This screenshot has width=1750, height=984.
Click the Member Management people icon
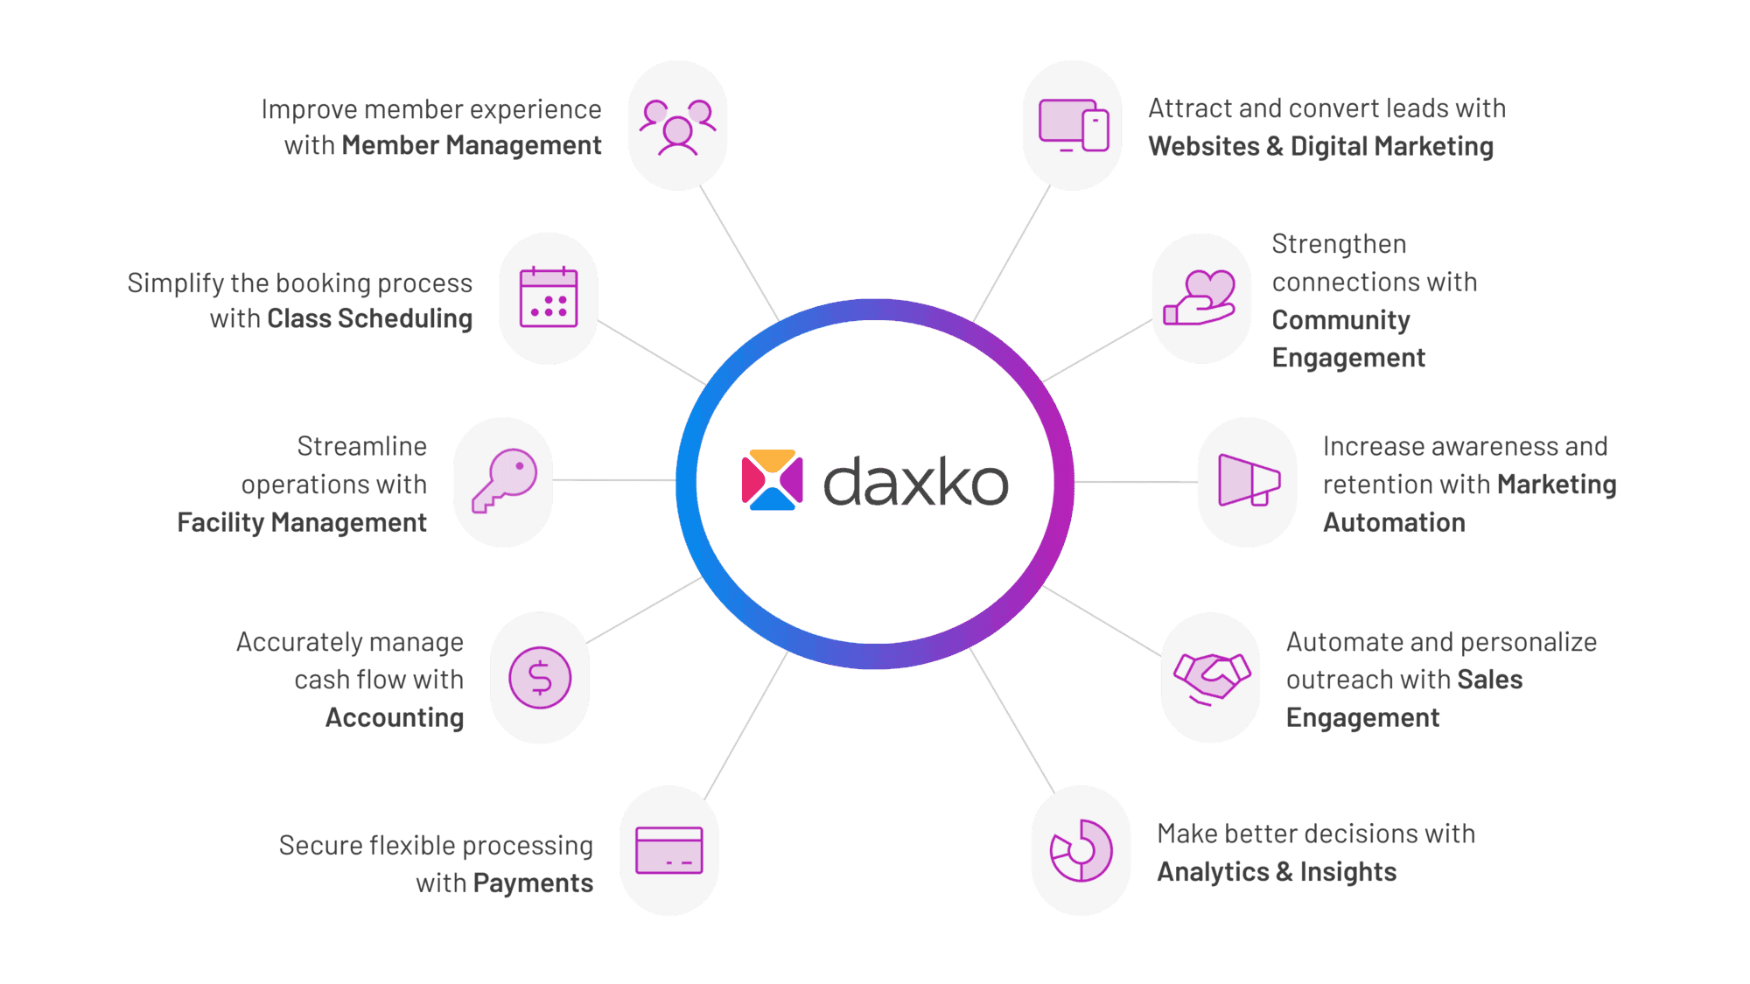[677, 127]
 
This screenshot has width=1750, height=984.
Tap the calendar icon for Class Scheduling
[549, 297]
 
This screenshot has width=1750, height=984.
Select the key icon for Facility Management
[505, 481]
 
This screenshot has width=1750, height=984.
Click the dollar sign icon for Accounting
[540, 678]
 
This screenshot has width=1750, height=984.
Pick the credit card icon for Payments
[669, 850]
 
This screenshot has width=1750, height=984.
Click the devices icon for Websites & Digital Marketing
[1074, 126]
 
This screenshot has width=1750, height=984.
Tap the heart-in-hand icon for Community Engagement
[1200, 297]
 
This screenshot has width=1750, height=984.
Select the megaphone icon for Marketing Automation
[1249, 480]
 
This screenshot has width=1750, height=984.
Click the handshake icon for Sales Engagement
[1212, 679]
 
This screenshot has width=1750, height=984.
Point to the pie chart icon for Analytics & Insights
[1081, 850]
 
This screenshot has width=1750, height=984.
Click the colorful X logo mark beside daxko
[772, 479]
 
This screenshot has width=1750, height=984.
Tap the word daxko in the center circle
[916, 481]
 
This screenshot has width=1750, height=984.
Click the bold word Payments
[533, 883]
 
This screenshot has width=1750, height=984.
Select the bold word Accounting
[395, 717]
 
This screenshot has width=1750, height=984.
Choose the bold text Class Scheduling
[369, 318]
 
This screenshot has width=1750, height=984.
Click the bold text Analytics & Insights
[1277, 872]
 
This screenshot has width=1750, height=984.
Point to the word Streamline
[362, 446]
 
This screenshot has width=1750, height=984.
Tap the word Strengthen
[1339, 244]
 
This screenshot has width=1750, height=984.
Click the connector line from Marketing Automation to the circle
[1136, 482]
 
